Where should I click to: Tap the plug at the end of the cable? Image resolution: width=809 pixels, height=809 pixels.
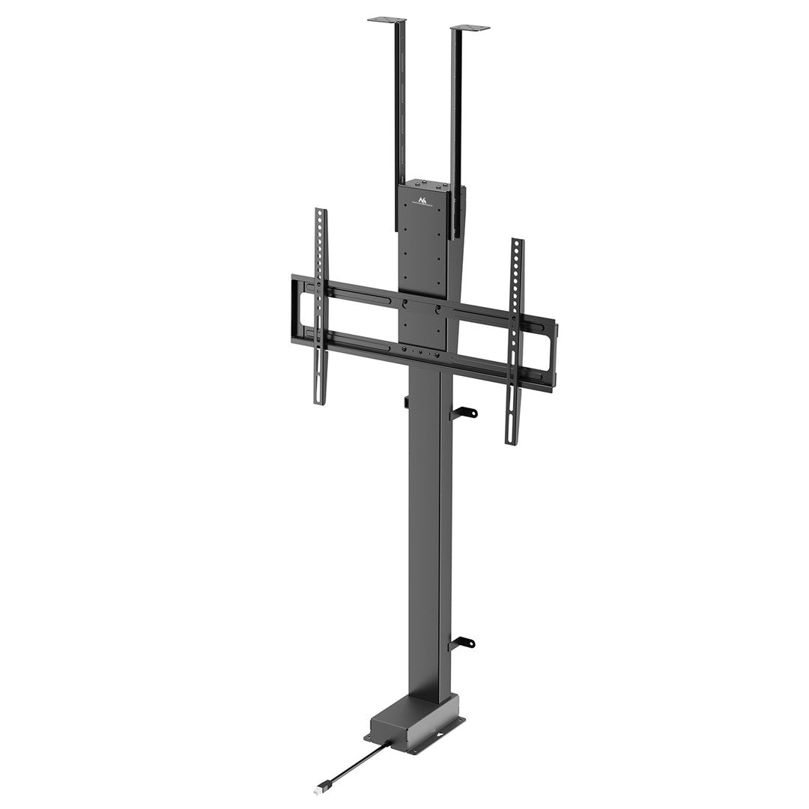click(x=320, y=790)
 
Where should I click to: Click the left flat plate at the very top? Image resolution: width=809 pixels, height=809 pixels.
click(x=387, y=19)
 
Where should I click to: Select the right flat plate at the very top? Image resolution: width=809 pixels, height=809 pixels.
click(x=470, y=28)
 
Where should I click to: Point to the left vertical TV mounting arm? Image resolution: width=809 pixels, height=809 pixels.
click(x=321, y=307)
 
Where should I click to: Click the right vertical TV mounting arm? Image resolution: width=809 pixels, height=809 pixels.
click(x=515, y=341)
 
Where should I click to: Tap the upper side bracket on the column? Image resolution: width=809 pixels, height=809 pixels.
click(x=464, y=412)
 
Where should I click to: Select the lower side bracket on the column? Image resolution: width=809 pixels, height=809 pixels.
click(x=463, y=643)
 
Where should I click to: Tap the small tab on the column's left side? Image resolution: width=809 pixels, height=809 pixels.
click(x=406, y=402)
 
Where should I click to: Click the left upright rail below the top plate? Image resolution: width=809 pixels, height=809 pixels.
click(x=399, y=112)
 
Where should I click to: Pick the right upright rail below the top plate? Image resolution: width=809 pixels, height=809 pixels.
click(x=456, y=120)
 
